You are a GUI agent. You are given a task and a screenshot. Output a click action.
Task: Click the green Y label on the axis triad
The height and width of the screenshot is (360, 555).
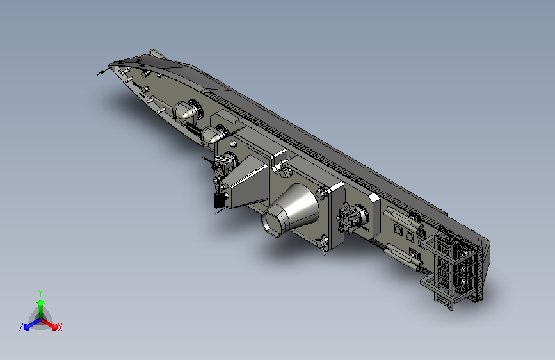pos(40,293)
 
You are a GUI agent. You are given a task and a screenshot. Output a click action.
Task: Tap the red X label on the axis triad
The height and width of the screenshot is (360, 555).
pos(60,327)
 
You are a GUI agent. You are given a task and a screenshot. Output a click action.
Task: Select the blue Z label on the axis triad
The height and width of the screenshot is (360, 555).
pos(21,327)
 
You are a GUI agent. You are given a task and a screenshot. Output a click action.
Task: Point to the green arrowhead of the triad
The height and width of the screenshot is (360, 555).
pos(41,303)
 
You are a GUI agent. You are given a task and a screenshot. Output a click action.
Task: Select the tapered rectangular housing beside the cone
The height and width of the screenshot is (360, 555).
pos(245,183)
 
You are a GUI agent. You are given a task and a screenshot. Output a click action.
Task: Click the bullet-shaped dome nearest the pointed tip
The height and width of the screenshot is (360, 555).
pos(185,111)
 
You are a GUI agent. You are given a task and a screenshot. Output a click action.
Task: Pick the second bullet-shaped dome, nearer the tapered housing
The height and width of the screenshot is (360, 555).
pos(213,135)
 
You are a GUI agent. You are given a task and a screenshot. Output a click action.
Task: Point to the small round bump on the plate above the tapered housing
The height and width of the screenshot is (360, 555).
pos(232,143)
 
